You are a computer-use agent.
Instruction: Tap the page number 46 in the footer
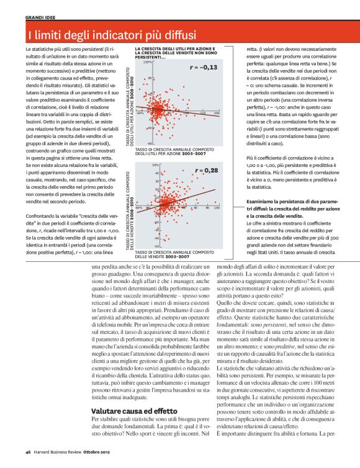click(x=28, y=451)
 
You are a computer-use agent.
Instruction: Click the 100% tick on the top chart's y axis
click(x=148, y=63)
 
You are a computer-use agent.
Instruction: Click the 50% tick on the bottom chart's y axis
click(x=148, y=165)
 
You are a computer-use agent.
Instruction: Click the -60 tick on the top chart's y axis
click(x=149, y=143)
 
